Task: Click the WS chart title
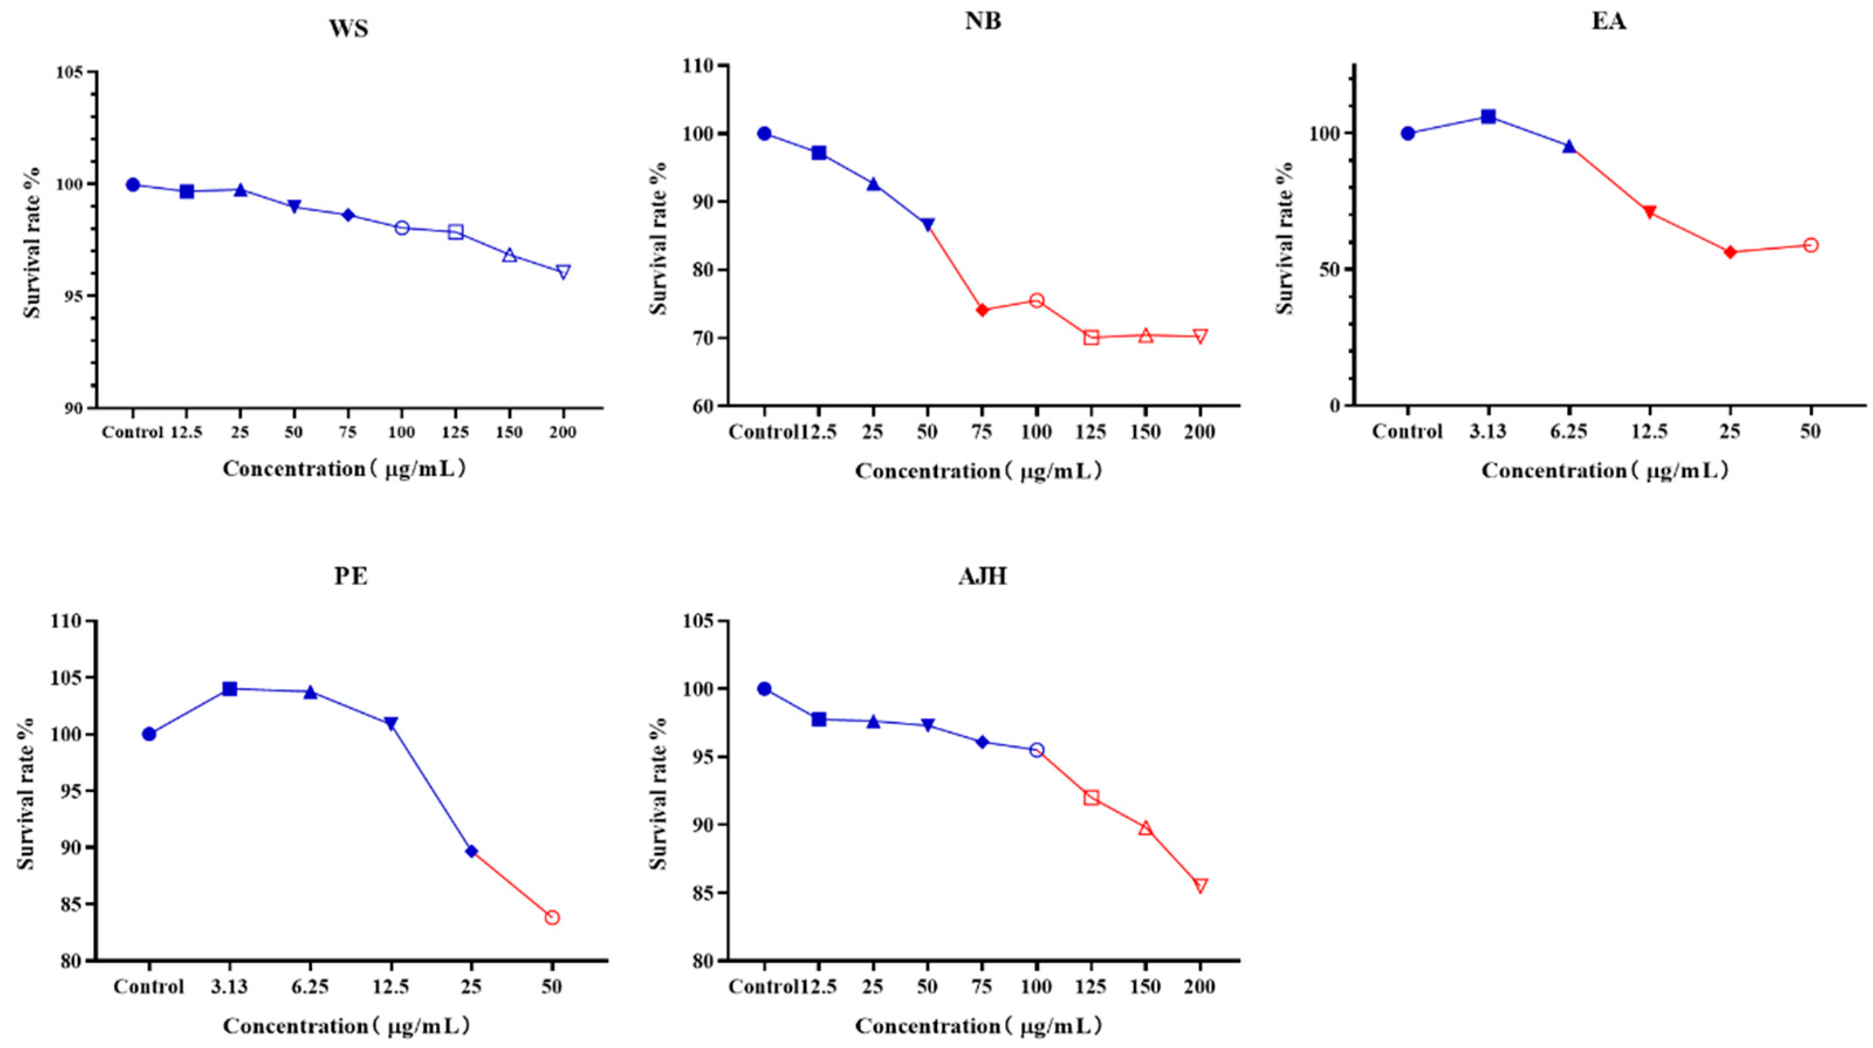pos(348,29)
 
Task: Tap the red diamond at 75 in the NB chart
pos(982,310)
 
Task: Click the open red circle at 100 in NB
pos(1037,300)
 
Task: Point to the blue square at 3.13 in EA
pos(1488,117)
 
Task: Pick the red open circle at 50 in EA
pos(1810,245)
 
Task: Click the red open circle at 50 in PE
pos(552,918)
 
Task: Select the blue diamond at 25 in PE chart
pos(471,851)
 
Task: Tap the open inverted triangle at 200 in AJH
pos(1200,885)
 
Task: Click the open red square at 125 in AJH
pos(1090,798)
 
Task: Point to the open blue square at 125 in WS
pos(456,232)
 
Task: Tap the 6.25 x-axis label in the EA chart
pos(1569,432)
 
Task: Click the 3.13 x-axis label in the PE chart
pos(230,988)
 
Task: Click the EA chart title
pos(1608,22)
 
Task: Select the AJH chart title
pos(982,577)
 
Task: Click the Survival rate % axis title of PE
pos(26,793)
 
